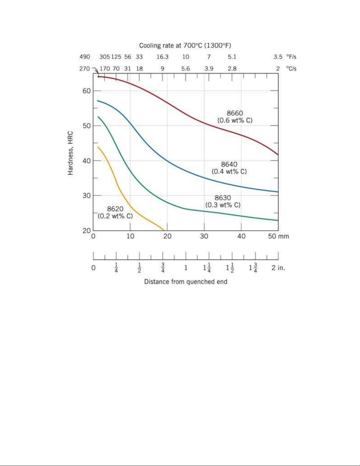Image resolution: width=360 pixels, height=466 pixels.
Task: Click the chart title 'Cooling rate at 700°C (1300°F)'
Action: [x=185, y=46]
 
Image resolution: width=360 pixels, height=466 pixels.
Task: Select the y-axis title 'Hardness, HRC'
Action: [x=71, y=153]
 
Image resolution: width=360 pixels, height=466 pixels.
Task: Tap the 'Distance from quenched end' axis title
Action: [x=185, y=282]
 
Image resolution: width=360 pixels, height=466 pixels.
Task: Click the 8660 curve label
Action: [x=235, y=113]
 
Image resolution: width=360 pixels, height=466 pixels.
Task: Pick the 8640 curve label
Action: [x=229, y=165]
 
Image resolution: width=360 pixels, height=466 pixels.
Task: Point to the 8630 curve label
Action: [x=223, y=198]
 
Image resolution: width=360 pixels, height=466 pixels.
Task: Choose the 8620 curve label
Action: [x=115, y=209]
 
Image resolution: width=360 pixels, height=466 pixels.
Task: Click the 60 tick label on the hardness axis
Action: [x=86, y=91]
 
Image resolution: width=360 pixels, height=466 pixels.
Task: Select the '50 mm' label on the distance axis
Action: [x=278, y=236]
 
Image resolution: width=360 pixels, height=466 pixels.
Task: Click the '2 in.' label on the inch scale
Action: [x=278, y=268]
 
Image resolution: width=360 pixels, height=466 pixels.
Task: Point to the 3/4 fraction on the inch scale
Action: [x=163, y=268]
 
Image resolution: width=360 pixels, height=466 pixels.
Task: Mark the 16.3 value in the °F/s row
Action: [x=162, y=57]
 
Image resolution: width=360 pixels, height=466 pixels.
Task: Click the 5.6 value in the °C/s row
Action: [x=185, y=69]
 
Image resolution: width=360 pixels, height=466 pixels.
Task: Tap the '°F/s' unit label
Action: [x=291, y=57]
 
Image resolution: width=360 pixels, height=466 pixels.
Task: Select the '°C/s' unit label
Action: [x=291, y=69]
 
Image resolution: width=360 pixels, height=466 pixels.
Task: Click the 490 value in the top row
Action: [x=85, y=57]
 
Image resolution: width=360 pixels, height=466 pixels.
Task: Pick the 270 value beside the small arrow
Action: [x=84, y=69]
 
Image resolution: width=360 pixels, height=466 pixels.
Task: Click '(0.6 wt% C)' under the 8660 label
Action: [x=235, y=121]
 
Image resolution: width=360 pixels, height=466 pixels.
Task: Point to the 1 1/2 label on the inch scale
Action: [x=230, y=268]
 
